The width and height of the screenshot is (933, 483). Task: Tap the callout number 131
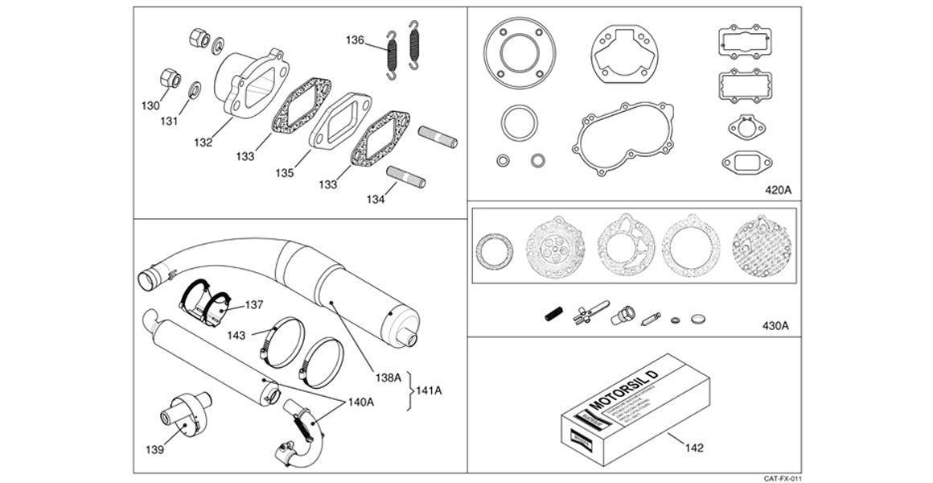click(x=168, y=122)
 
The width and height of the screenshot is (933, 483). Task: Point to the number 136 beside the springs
click(x=356, y=39)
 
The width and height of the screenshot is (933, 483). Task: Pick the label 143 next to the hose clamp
click(x=236, y=333)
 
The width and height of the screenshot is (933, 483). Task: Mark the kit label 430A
click(x=775, y=326)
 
